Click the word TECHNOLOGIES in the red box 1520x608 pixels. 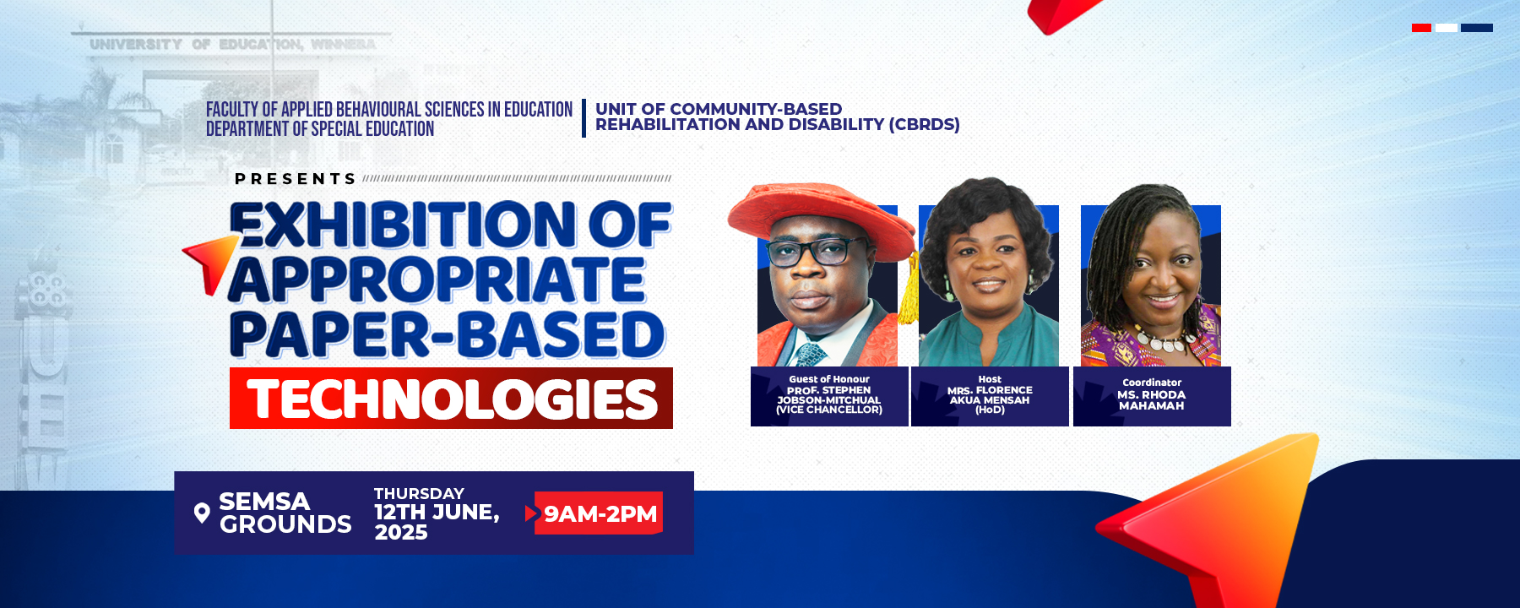452,399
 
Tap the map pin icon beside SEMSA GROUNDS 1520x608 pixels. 202,513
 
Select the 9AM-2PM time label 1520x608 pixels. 600,513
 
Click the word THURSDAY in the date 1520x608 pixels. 419,493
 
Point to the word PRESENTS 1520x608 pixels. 296,179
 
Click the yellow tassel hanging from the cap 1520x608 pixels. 909,291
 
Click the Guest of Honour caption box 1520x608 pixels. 829,396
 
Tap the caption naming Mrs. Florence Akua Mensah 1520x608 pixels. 990,396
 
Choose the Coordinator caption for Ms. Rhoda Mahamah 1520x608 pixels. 1152,396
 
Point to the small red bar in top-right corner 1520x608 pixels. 1421,28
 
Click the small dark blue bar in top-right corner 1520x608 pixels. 1476,28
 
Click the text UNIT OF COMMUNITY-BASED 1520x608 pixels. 718,109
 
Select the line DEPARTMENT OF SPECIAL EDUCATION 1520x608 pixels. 320,129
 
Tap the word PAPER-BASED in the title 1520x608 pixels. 448,334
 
